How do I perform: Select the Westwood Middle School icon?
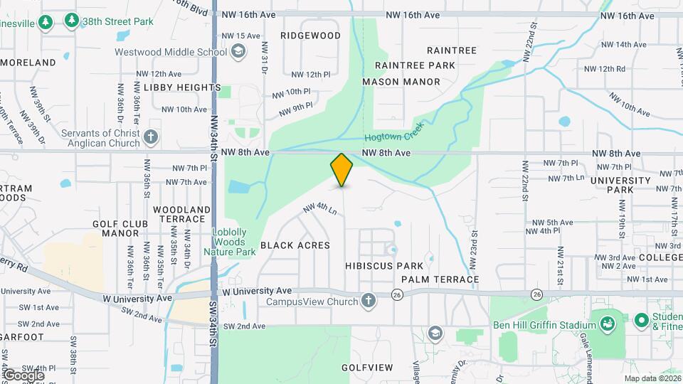pyautogui.click(x=239, y=51)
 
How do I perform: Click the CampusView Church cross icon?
pyautogui.click(x=368, y=301)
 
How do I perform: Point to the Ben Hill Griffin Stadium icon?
pyautogui.click(x=608, y=324)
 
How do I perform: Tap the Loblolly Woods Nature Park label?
pyautogui.click(x=234, y=242)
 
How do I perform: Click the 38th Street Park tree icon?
pyautogui.click(x=71, y=21)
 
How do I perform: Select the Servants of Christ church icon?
pyautogui.click(x=150, y=137)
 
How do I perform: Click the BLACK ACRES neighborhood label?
pyautogui.click(x=295, y=245)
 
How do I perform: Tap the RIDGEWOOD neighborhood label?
pyautogui.click(x=310, y=35)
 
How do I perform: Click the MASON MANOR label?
pyautogui.click(x=401, y=82)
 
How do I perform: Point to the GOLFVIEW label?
pyautogui.click(x=366, y=368)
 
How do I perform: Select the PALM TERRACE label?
pyautogui.click(x=439, y=279)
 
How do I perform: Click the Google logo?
pyautogui.click(x=23, y=375)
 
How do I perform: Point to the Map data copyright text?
pyautogui.click(x=652, y=379)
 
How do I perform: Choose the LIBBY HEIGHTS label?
pyautogui.click(x=182, y=87)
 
